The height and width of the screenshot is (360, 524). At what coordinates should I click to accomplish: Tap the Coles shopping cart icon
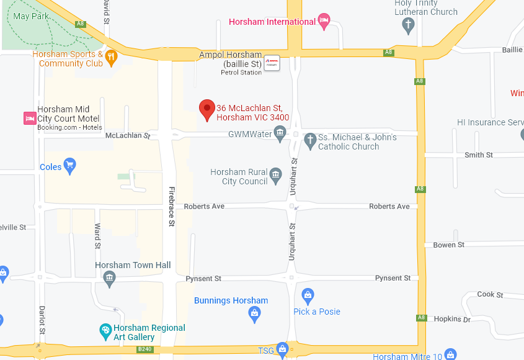[x=69, y=166]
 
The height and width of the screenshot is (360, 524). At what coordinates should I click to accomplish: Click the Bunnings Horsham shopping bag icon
[x=254, y=315]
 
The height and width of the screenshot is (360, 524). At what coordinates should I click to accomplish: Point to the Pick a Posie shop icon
[x=306, y=295]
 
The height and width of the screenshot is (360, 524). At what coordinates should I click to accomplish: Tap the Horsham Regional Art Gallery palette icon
[x=105, y=330]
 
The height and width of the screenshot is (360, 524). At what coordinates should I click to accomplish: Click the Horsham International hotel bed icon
[x=324, y=21]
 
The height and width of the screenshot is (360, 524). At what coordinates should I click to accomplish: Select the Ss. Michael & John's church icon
[x=311, y=140]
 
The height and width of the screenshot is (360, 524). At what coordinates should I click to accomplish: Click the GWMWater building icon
[x=280, y=133]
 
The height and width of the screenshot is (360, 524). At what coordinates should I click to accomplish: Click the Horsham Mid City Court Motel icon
[x=29, y=118]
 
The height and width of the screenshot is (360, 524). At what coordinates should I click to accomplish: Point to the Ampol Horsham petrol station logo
[x=272, y=63]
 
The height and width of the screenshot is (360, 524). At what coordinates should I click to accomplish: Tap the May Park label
[x=30, y=16]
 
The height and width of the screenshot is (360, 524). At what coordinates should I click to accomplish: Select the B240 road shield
[x=145, y=350]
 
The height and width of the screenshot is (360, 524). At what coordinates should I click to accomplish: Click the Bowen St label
[x=448, y=245]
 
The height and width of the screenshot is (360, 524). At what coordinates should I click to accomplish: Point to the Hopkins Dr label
[x=453, y=319]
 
